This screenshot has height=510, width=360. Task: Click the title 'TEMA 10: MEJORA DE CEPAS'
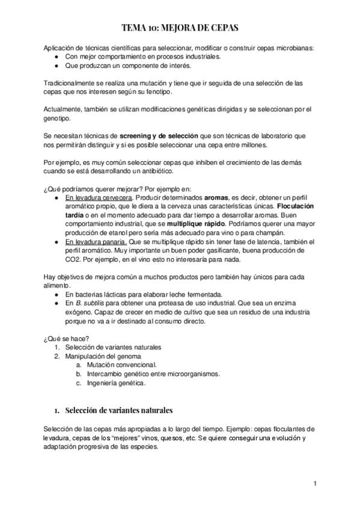click(x=180, y=28)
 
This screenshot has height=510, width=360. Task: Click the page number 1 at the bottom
click(x=314, y=483)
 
